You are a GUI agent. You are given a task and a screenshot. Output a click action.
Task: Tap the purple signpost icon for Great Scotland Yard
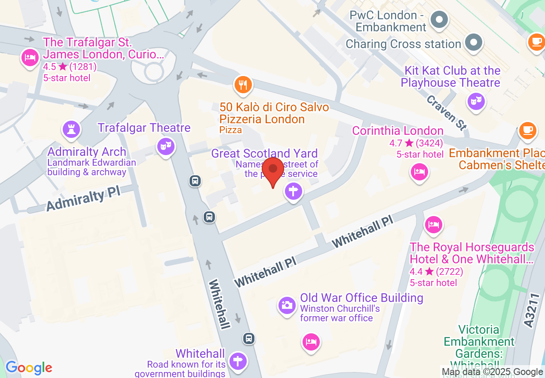[294, 191]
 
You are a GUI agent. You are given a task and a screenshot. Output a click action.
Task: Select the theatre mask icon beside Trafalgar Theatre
[165, 146]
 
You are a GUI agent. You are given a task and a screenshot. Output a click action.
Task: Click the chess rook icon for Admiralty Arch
[71, 128]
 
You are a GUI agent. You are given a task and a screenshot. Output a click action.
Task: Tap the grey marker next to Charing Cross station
[474, 43]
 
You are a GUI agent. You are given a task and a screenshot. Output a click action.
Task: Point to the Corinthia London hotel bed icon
[419, 172]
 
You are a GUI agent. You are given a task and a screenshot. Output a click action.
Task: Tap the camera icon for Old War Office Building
[287, 305]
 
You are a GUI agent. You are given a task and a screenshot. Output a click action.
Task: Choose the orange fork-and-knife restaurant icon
[243, 85]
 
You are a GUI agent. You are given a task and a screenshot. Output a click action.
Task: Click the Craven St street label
[447, 113]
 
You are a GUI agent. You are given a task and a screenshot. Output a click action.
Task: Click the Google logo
[29, 368]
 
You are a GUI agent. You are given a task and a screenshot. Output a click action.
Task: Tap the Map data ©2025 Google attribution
[492, 372]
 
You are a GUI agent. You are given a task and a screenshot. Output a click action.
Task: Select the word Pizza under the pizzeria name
[230, 130]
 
